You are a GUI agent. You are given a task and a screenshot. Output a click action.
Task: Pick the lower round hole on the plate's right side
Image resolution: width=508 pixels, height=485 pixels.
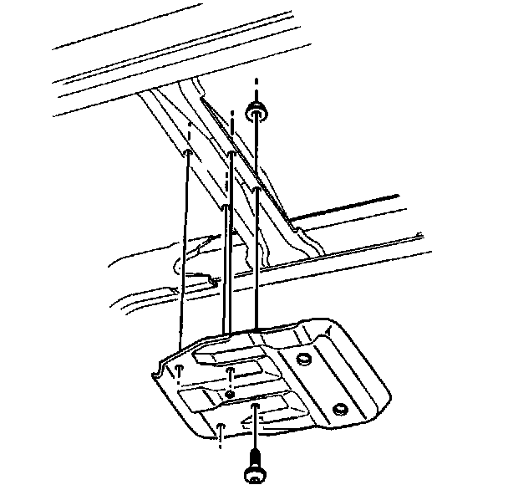(338, 409)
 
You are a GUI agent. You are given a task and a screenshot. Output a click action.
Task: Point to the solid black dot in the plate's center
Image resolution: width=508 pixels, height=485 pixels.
(229, 395)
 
